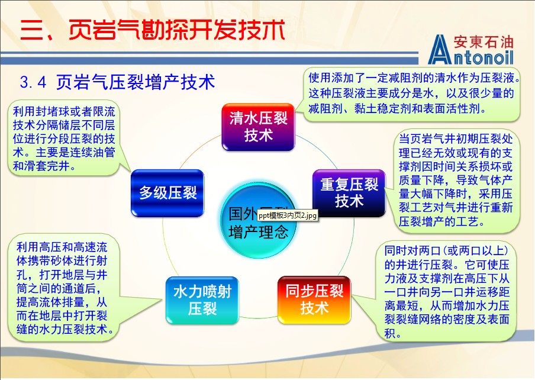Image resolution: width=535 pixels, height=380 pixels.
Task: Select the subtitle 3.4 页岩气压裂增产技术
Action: tap(117, 82)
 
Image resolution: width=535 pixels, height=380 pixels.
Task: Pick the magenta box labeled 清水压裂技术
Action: tap(258, 127)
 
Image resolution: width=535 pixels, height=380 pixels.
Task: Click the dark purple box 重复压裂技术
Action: tap(349, 193)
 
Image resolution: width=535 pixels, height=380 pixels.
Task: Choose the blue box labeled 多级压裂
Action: tap(167, 192)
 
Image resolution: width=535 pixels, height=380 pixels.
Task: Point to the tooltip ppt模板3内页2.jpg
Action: tap(288, 215)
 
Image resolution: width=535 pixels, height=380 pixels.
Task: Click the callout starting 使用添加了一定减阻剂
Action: tap(413, 93)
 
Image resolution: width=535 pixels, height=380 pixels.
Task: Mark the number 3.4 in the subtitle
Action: tap(33, 82)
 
